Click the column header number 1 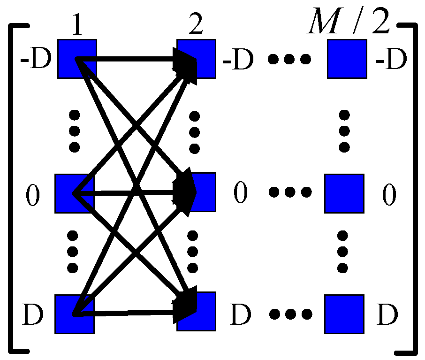77,28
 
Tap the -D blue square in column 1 77,59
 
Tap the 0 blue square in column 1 75,193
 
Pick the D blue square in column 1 75,314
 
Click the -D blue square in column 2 196,59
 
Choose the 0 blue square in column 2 196,192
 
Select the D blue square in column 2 196,312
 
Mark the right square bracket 413,188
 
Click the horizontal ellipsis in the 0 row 289,192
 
